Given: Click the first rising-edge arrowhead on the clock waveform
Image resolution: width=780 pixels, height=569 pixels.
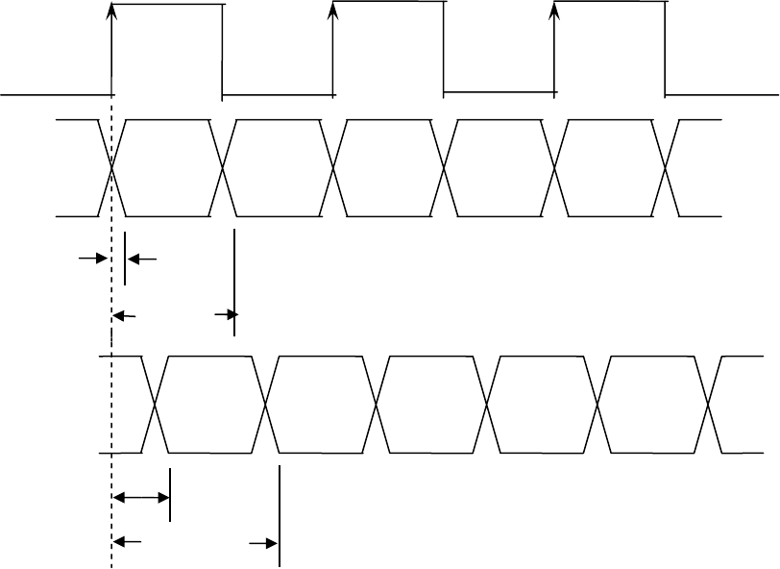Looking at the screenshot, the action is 112,9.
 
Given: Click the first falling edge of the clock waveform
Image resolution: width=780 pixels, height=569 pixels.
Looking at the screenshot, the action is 222,50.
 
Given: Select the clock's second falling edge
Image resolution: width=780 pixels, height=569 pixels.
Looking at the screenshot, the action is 444,48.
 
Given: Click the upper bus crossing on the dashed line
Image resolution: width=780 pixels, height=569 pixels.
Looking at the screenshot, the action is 112,168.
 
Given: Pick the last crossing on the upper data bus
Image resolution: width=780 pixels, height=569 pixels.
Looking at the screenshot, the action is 666,168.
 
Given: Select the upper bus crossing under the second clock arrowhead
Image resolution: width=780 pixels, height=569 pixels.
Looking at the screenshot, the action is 333,168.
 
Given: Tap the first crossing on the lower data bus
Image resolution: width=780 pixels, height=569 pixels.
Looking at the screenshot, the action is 156,404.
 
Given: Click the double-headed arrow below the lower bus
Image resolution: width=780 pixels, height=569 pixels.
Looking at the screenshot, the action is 140,497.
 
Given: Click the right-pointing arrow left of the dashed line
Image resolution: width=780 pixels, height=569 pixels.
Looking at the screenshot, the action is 92,259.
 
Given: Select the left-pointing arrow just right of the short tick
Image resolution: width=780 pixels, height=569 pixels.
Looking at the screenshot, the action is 141,259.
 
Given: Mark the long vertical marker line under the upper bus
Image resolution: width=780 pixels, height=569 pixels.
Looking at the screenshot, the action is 234,282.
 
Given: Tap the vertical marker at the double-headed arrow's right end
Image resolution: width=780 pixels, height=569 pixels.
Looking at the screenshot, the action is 170,494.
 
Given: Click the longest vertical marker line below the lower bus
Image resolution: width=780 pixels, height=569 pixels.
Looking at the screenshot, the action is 279,516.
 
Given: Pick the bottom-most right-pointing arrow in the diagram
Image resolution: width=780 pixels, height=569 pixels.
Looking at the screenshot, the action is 262,543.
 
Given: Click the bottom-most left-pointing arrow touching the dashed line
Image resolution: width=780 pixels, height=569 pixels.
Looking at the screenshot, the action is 128,543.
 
